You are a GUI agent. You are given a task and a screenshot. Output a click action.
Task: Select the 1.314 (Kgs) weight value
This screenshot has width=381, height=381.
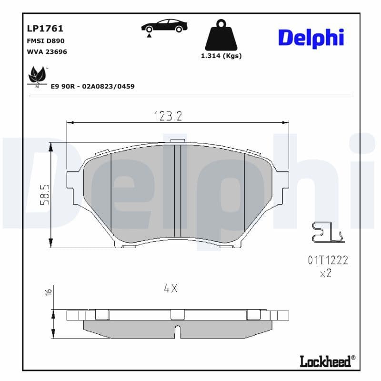[221, 56]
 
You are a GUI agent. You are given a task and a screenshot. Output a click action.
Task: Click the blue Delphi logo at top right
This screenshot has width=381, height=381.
[311, 38]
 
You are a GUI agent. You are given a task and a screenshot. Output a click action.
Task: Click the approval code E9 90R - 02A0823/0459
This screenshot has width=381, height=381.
[92, 86]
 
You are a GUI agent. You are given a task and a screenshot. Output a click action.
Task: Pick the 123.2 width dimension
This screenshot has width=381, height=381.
[168, 116]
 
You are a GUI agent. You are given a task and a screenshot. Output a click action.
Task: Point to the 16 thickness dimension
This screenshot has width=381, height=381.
[48, 291]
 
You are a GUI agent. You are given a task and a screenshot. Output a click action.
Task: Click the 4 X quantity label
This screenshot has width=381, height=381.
[170, 288]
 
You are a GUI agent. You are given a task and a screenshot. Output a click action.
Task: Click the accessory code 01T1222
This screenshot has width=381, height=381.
[328, 260]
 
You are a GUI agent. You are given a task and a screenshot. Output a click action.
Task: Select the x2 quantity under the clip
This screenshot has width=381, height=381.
[326, 273]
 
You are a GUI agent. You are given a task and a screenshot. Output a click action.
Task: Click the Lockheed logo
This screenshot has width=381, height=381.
[327, 361]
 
